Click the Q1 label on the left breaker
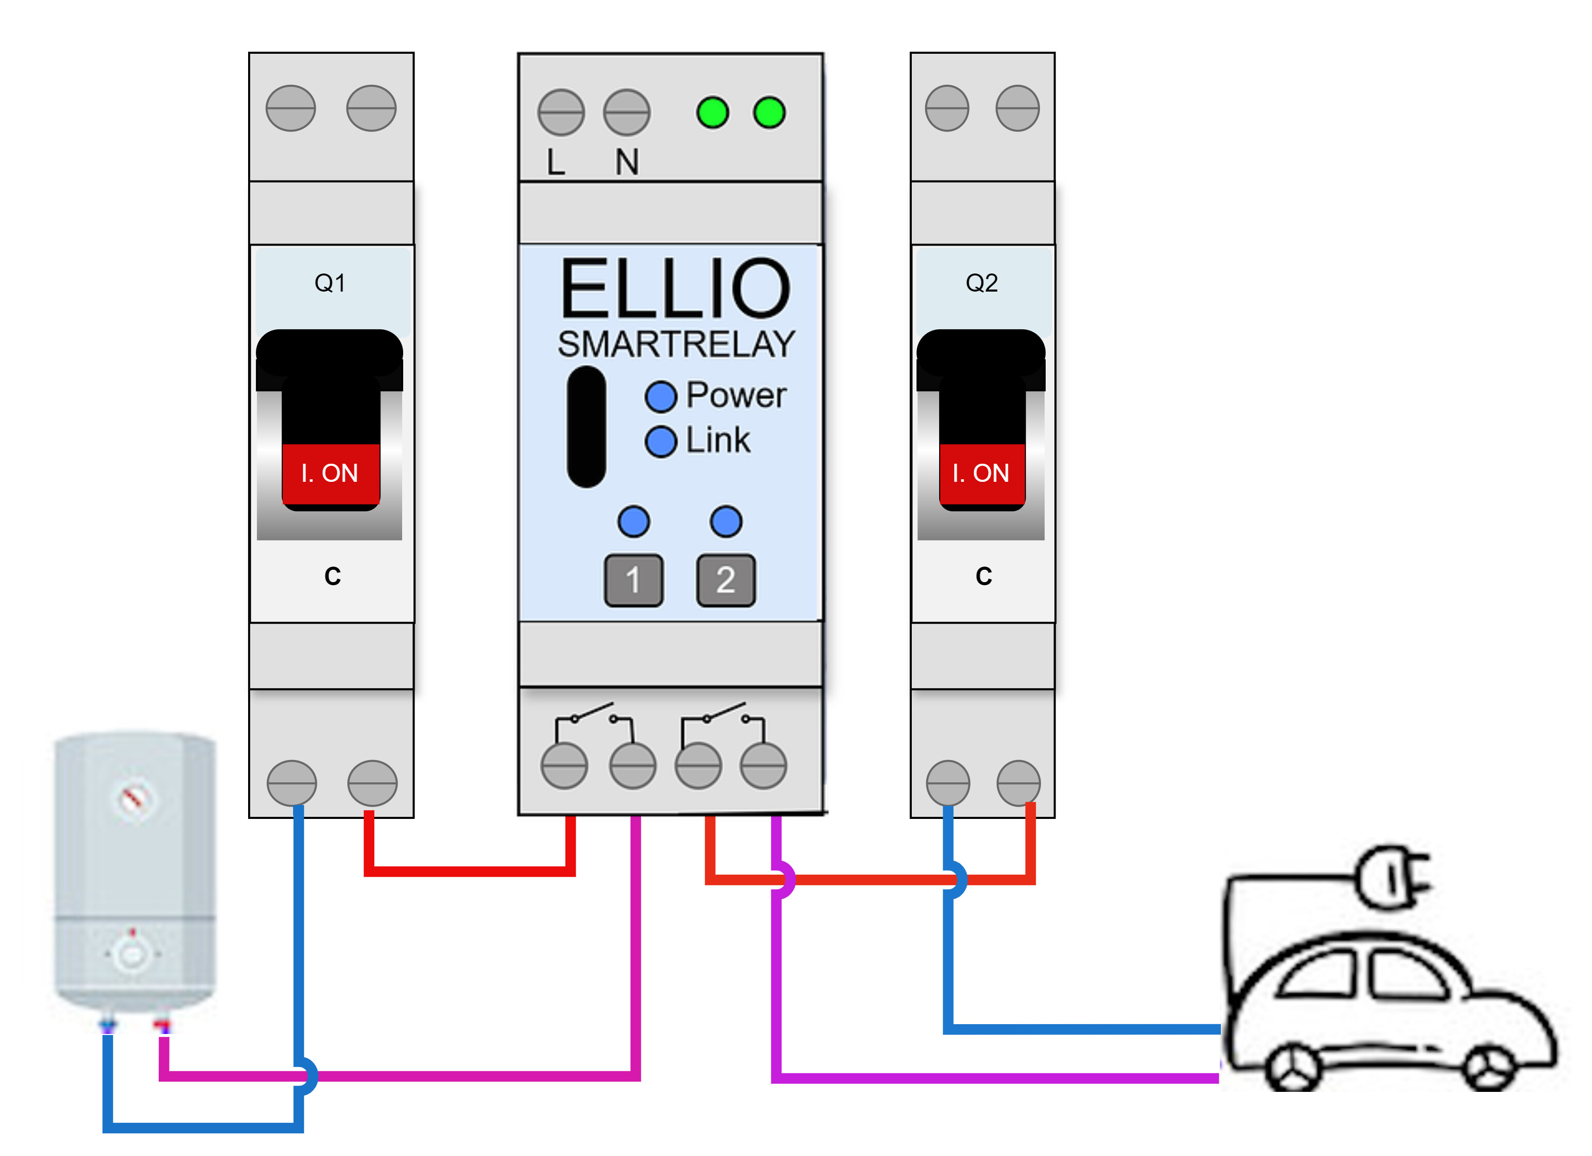329,283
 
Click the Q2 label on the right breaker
982,283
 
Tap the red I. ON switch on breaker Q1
330,473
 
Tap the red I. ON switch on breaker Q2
982,473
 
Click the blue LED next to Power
661,397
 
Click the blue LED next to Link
661,442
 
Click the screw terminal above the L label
561,112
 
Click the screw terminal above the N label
627,112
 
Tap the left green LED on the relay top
712,112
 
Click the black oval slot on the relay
586,427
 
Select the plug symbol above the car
1394,877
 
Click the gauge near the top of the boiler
133,799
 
